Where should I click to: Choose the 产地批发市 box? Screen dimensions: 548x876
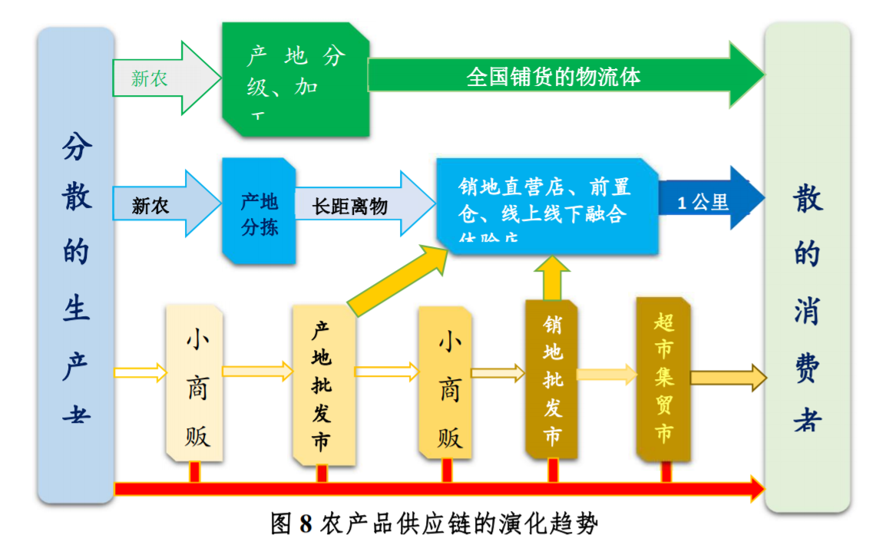322,384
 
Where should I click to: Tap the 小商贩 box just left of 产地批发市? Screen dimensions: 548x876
195,384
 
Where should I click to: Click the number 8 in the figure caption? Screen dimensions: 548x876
306,524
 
